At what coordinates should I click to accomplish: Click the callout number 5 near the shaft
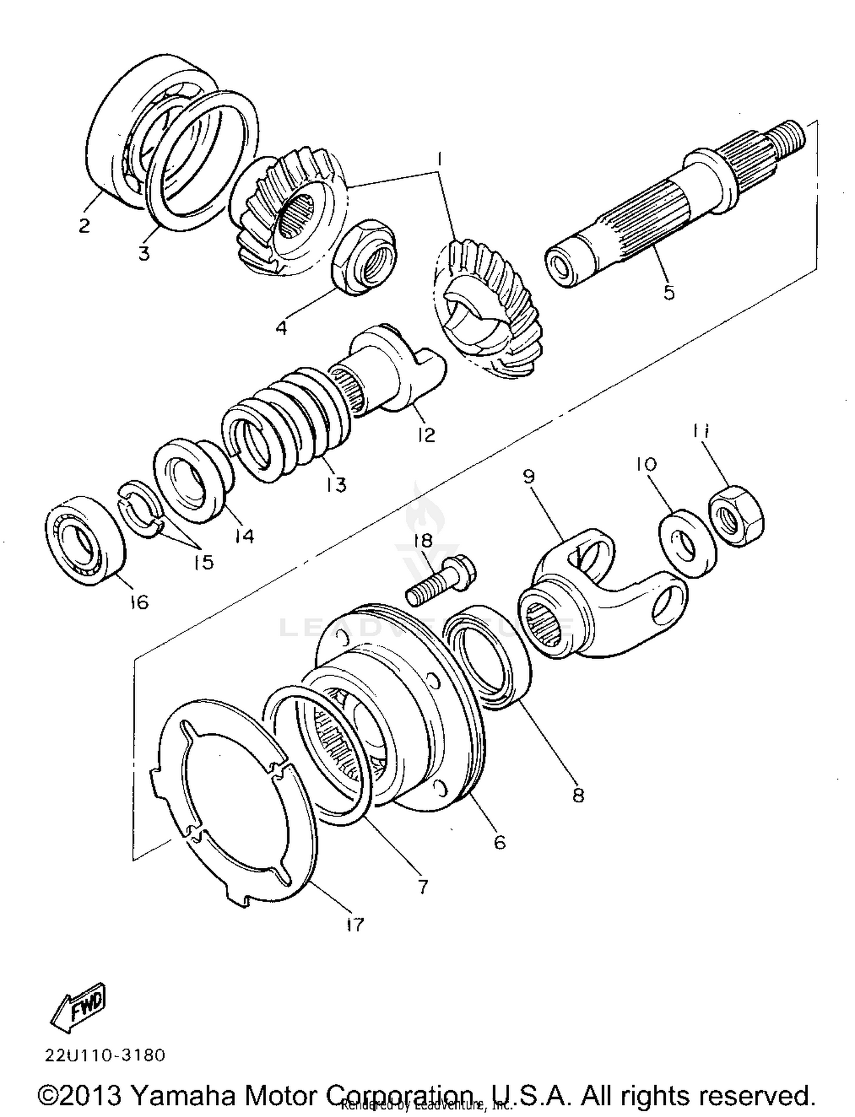tap(669, 292)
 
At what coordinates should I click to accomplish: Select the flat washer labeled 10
tap(687, 543)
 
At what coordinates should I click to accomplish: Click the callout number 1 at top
tap(439, 161)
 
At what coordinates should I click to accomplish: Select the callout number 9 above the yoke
tap(528, 476)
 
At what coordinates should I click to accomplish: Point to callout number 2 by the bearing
tap(84, 226)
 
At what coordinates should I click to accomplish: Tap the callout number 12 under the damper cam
tap(426, 435)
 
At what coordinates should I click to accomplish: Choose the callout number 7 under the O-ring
tap(422, 886)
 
